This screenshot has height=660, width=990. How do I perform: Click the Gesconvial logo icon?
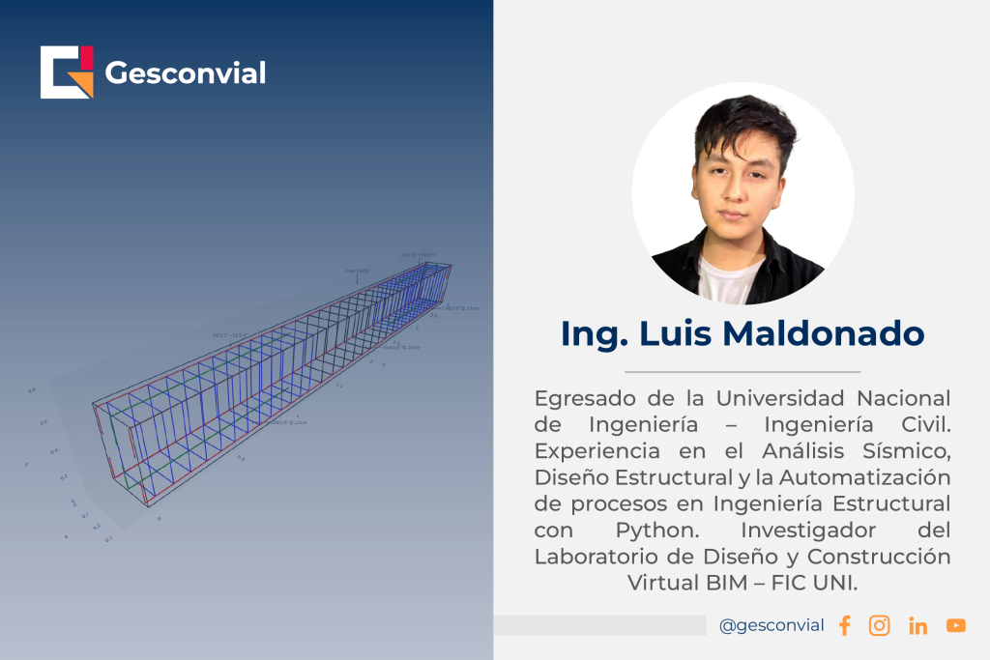pos(67,72)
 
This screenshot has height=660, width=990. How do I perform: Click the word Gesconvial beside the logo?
pos(185,72)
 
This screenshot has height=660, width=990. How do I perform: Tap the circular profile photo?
pos(742,193)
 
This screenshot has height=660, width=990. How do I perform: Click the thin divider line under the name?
pos(742,371)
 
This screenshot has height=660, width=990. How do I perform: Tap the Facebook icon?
pos(845,625)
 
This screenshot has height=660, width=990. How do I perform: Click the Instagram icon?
pos(880,625)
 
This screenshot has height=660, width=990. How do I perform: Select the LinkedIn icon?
pos(918,626)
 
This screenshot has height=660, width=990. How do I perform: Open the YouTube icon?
pos(956,625)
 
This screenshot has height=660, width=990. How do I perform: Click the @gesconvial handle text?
pos(772,625)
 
